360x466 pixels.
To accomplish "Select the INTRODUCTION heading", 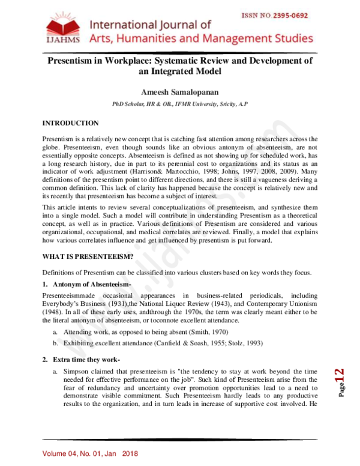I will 70,123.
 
